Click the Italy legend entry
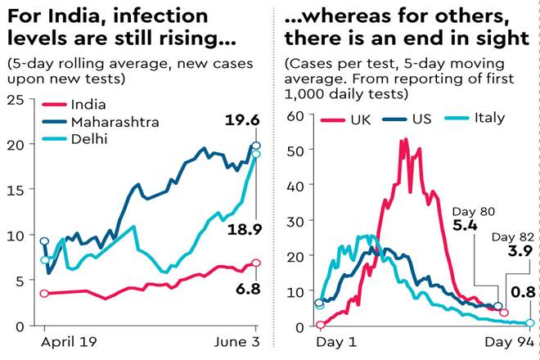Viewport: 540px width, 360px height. pos(488,119)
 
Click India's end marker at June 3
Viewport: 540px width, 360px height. pos(256,263)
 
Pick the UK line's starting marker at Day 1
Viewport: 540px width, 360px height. pos(320,324)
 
